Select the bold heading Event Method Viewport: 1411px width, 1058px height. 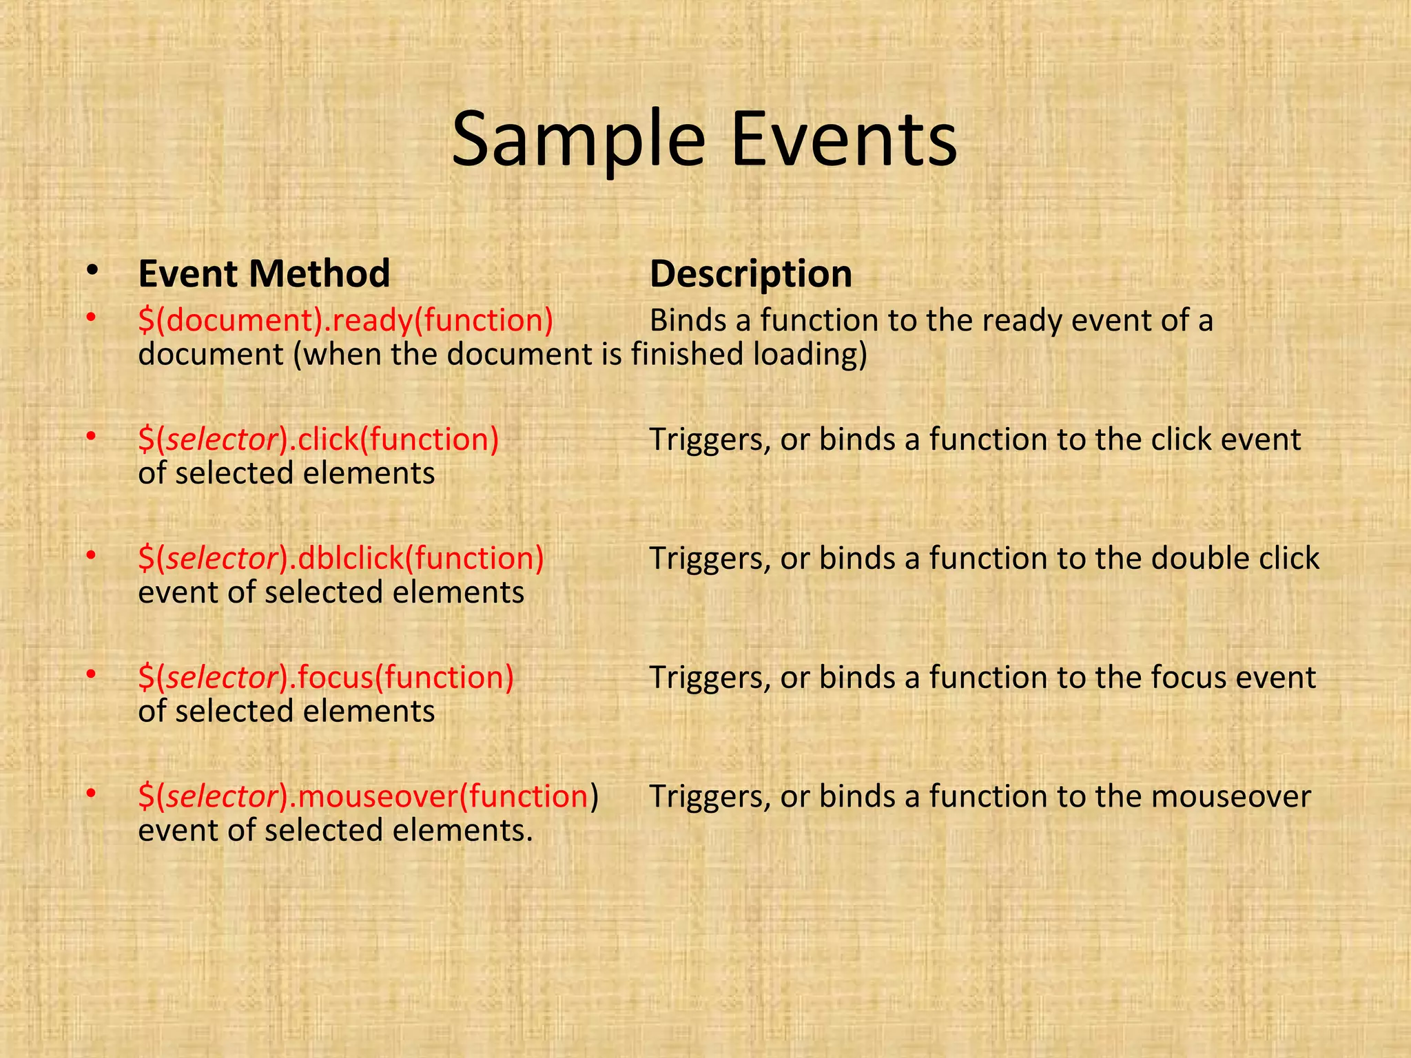point(264,273)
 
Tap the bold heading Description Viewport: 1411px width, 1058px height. point(751,274)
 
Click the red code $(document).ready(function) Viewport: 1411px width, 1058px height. point(346,320)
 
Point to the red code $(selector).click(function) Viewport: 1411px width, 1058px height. point(318,439)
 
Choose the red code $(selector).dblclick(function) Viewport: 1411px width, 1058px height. point(341,559)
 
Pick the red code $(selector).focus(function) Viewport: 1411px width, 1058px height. point(326,677)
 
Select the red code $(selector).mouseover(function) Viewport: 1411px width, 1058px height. point(368,796)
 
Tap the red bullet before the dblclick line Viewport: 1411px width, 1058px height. point(90,554)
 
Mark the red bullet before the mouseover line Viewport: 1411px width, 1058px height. point(90,793)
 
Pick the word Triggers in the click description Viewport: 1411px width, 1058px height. point(710,440)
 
